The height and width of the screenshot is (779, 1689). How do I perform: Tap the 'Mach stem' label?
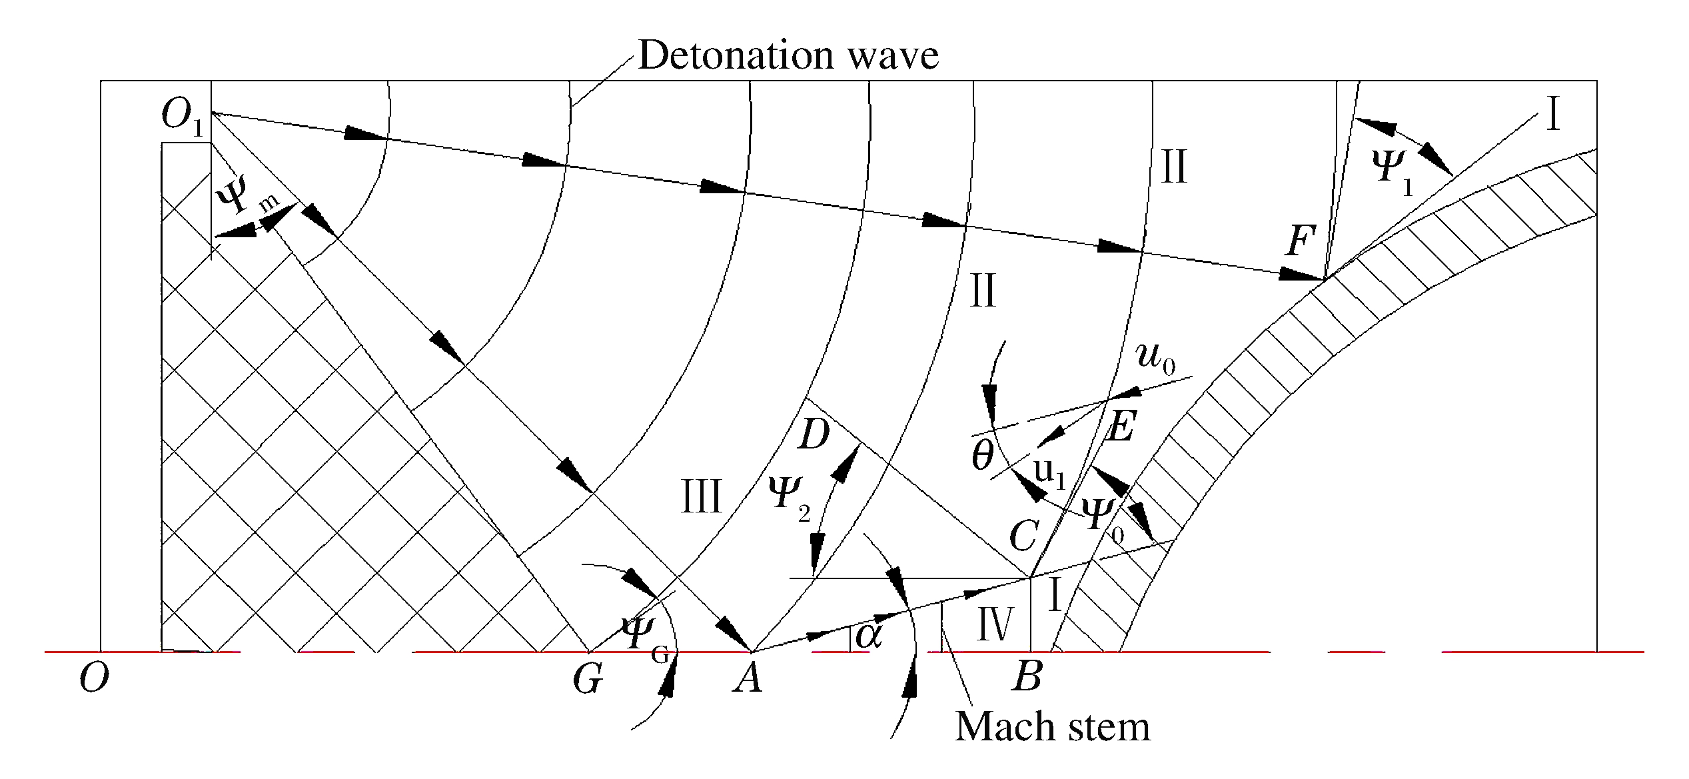click(x=1053, y=726)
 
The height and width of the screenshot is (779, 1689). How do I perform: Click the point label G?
click(x=588, y=680)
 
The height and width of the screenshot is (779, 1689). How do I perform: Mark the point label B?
click(x=1027, y=677)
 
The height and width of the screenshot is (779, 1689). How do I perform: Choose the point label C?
click(x=1024, y=535)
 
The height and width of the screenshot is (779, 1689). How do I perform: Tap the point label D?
click(x=814, y=435)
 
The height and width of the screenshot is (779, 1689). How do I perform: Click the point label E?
click(x=1120, y=426)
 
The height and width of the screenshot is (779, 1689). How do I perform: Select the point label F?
click(x=1301, y=241)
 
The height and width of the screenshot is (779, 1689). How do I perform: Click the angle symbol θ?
click(x=983, y=456)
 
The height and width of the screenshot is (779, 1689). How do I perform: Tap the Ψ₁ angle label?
click(x=1394, y=171)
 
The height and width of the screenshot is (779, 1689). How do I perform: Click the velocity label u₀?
click(x=1156, y=358)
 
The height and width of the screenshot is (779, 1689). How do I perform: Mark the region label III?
click(x=702, y=497)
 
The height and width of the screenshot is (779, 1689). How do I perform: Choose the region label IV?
click(x=995, y=624)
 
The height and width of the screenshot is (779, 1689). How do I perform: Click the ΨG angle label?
click(x=644, y=638)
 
